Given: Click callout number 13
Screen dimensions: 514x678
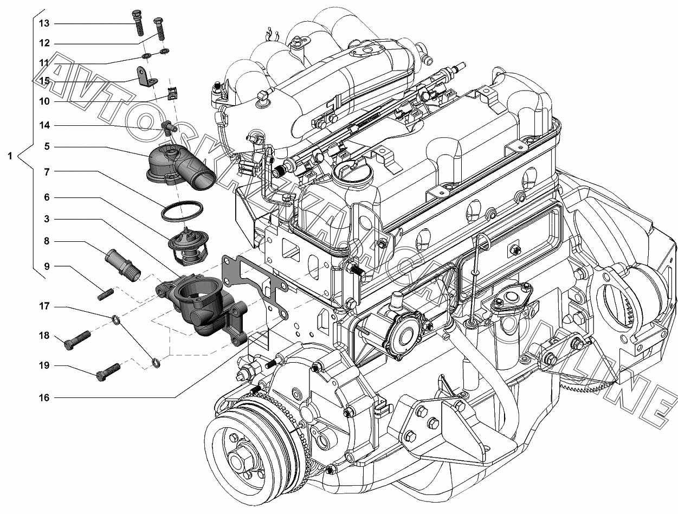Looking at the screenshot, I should [x=44, y=23].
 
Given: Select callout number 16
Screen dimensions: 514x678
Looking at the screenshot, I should [x=44, y=397].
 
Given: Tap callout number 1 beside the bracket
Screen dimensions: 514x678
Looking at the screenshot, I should [x=10, y=156].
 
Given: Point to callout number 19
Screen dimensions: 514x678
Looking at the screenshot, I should [x=44, y=365].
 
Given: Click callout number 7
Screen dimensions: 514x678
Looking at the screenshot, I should [x=47, y=172].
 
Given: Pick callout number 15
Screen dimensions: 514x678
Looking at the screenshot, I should [x=44, y=81].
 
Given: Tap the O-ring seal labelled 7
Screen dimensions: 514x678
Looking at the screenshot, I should [x=183, y=210].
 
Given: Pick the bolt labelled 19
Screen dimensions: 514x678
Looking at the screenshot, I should [x=108, y=372].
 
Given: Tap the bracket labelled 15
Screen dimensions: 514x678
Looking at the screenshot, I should [x=145, y=78].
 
